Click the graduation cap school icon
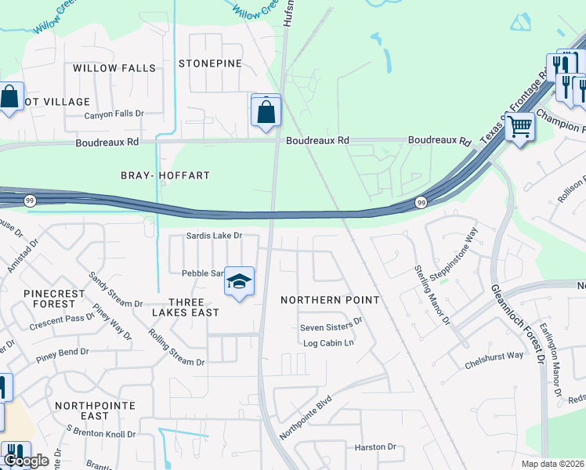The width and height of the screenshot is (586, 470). click(x=240, y=282)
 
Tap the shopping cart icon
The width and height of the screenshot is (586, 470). click(x=519, y=125)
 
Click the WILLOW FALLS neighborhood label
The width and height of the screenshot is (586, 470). click(x=114, y=68)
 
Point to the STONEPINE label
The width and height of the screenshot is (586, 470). click(x=211, y=63)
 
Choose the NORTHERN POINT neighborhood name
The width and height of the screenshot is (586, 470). click(x=330, y=300)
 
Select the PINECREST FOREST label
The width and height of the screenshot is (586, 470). click(x=54, y=298)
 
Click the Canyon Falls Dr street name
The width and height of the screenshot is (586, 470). click(x=115, y=114)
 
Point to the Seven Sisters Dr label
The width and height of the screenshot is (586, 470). click(x=331, y=321)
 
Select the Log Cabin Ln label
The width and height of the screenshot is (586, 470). click(x=329, y=343)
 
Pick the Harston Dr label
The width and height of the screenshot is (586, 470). click(x=375, y=447)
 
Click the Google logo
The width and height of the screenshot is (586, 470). click(x=27, y=460)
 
